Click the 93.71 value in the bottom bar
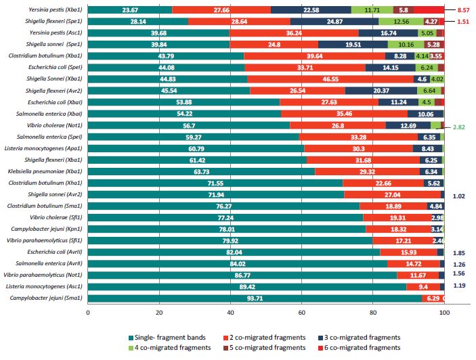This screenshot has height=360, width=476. pos(255,298)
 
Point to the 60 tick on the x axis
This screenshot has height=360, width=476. pos(302,313)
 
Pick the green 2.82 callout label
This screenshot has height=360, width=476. pos(460,127)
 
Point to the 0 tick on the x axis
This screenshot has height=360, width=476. pos(88,313)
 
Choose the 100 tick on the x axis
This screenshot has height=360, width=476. pos(444,313)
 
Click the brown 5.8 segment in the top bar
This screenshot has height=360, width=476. pos(404,9)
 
